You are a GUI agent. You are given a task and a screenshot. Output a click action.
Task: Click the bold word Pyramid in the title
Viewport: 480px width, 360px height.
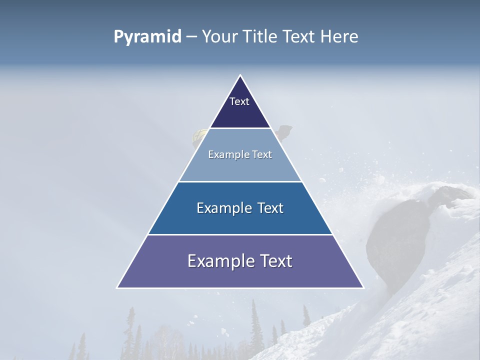pos(147,36)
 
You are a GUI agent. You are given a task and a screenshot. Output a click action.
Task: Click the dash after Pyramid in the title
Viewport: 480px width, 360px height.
pos(191,37)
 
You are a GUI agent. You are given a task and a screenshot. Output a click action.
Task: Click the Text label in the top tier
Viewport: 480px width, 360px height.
pos(239,101)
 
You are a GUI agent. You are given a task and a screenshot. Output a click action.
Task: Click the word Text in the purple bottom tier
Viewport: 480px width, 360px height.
pos(275,261)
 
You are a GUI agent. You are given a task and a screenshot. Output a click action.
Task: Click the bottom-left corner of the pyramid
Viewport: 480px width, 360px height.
pos(118,287)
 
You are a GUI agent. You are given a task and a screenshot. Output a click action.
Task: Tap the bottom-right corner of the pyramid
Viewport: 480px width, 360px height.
pos(362,287)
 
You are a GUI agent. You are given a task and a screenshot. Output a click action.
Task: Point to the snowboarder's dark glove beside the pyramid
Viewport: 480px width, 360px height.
pos(284,132)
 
